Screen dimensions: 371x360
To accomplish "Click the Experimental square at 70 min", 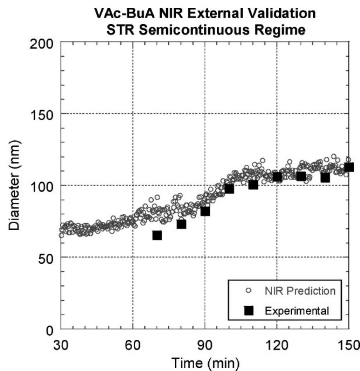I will (x=157, y=235).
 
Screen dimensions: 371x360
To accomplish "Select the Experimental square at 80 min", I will (x=181, y=224).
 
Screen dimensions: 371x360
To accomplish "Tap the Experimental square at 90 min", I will (x=205, y=211).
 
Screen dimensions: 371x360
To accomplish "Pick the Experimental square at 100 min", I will (x=229, y=188).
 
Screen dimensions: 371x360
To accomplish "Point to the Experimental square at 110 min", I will (x=253, y=184).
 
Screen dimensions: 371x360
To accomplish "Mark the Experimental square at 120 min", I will (x=277, y=177).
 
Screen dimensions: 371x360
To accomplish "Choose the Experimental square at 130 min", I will (x=301, y=176).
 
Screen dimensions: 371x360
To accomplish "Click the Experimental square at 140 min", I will (x=325, y=177).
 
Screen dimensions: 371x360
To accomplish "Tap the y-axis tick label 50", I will (x=46, y=257).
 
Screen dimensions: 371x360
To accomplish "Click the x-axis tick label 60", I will (x=133, y=346).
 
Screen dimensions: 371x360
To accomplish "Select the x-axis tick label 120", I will (x=277, y=346).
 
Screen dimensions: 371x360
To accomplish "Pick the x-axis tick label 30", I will (x=61, y=346).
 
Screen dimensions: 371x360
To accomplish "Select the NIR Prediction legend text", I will (x=299, y=291).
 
